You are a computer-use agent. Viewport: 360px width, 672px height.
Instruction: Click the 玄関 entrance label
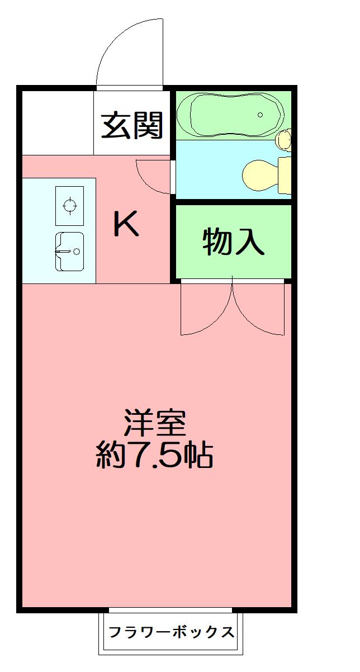pyautogui.click(x=132, y=125)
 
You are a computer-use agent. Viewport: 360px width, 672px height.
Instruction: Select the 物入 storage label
pyautogui.click(x=233, y=242)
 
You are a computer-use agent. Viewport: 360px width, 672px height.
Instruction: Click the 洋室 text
pyautogui.click(x=155, y=423)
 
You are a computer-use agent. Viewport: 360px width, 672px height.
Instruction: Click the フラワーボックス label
pyautogui.click(x=171, y=632)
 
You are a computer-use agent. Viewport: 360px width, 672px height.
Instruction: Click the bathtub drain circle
pyautogui.click(x=260, y=115)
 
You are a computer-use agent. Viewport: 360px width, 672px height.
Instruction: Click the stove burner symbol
pyautogui.click(x=70, y=205)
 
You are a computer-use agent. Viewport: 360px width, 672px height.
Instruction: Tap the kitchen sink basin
pyautogui.click(x=69, y=251)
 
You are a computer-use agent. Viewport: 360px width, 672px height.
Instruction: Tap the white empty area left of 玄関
pyautogui.click(x=57, y=122)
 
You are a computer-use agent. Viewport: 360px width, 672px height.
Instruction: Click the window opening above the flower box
pyautogui.click(x=170, y=610)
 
